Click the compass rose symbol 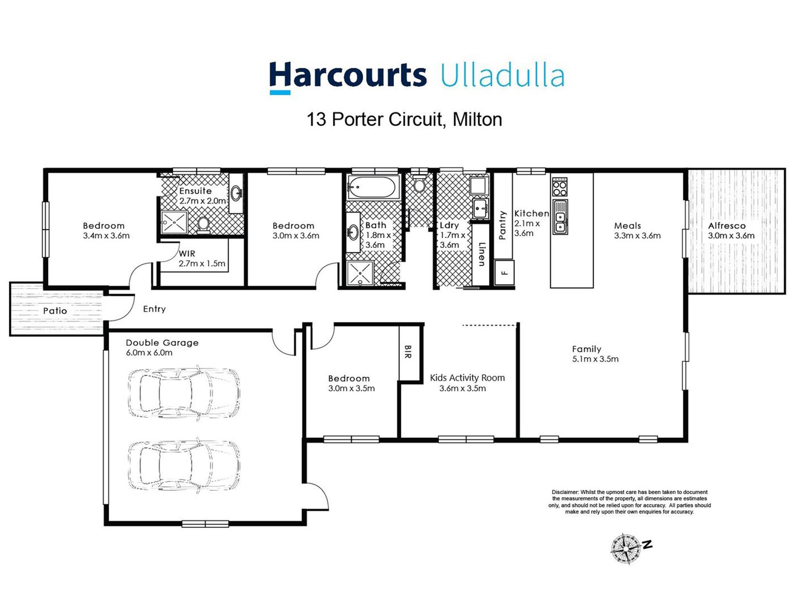(x=625, y=549)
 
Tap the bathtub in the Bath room (x=373, y=187)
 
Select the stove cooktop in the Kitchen (x=559, y=187)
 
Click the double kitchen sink (x=560, y=222)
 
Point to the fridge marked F (x=504, y=273)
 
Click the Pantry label (x=502, y=225)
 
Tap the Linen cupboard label (x=482, y=254)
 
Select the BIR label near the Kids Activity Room (x=407, y=352)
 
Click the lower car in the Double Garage (x=184, y=465)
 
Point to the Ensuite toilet (x=203, y=225)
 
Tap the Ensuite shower (x=174, y=222)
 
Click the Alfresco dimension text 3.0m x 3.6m (x=731, y=236)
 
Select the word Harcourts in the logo (x=348, y=76)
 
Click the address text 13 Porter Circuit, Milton (x=404, y=120)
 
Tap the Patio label (x=55, y=311)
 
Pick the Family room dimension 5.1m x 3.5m (x=595, y=359)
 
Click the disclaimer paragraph (x=629, y=502)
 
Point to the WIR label (x=187, y=253)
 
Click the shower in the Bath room (x=360, y=273)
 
